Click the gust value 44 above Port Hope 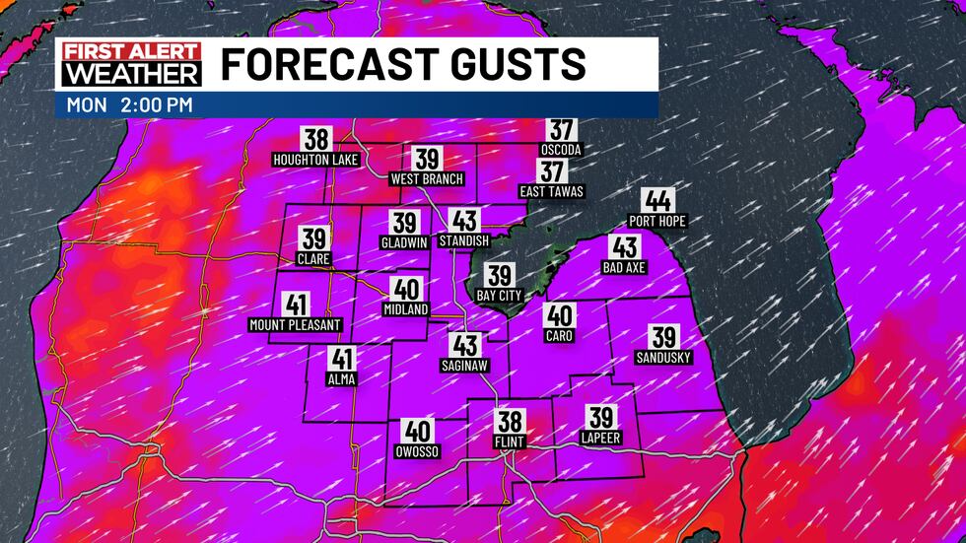(x=656, y=201)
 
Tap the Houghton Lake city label (x=316, y=159)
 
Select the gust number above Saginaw (x=465, y=345)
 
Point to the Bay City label (x=500, y=296)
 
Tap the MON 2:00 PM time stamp (x=130, y=103)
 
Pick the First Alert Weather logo (x=130, y=64)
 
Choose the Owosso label (x=418, y=451)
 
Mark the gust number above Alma (x=343, y=360)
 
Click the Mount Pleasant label (x=295, y=325)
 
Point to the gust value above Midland (x=406, y=290)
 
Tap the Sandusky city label (x=663, y=357)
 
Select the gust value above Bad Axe (x=625, y=247)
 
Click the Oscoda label (x=562, y=150)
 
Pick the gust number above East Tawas (x=552, y=171)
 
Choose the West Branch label (x=426, y=179)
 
